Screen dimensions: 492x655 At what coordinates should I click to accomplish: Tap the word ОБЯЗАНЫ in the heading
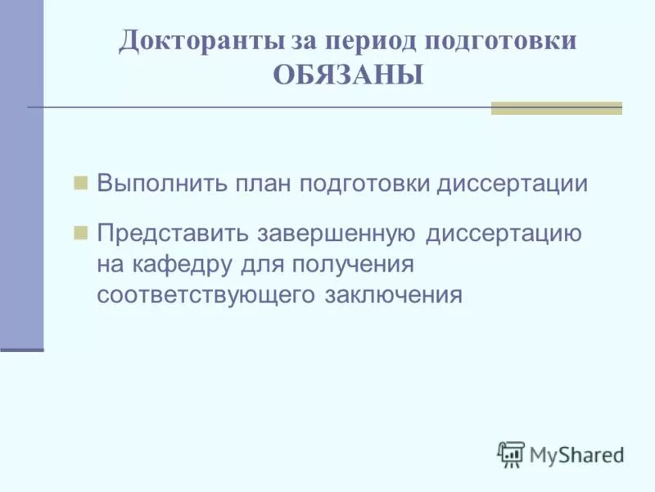click(348, 75)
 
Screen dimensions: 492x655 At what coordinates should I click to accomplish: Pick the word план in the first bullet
click(262, 183)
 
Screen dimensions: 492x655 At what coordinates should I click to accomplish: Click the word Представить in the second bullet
click(174, 233)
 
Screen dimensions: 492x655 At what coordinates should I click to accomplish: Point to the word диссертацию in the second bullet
click(504, 233)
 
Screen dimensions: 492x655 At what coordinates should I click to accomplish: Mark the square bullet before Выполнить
click(80, 182)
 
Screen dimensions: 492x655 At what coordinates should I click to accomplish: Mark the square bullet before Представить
click(80, 233)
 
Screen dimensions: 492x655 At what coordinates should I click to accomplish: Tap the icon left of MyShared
click(511, 454)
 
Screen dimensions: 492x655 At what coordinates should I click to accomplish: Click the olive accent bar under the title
click(556, 107)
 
